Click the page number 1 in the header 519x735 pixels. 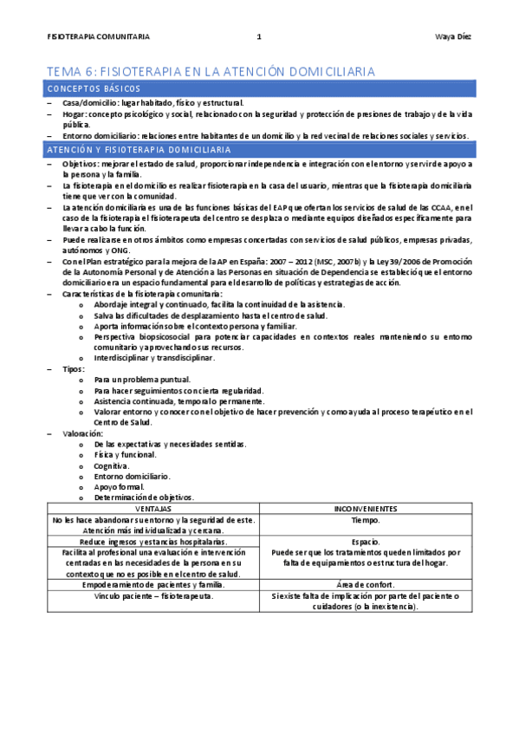(259, 36)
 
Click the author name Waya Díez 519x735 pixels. (453, 36)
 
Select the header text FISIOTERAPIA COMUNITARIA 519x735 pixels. (99, 36)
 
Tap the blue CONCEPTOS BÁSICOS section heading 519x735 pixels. (94, 89)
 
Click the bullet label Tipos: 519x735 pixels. (74, 369)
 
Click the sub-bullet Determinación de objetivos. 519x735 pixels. (144, 498)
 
